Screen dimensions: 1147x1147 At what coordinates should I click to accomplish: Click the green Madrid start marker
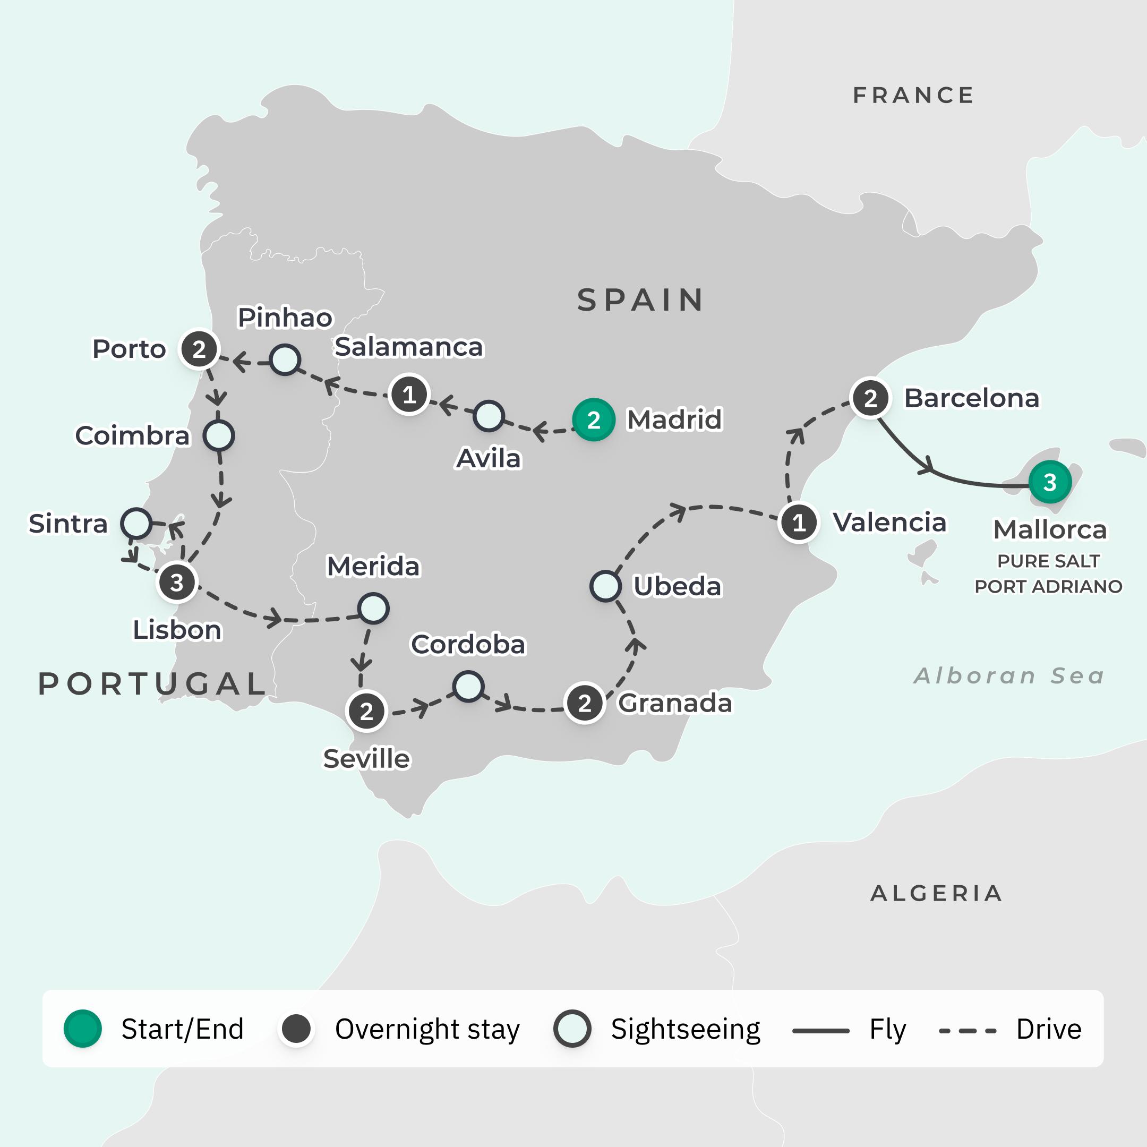pyautogui.click(x=593, y=420)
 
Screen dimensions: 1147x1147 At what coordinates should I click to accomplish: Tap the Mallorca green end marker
pyautogui.click(x=1050, y=482)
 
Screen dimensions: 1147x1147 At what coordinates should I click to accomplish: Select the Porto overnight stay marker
pyautogui.click(x=199, y=349)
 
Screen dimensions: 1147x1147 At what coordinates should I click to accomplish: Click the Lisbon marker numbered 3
pyautogui.click(x=176, y=583)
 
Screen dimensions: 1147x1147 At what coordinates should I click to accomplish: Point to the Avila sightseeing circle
pyautogui.click(x=489, y=416)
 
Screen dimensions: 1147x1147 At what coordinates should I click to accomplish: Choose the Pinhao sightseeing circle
pyautogui.click(x=285, y=360)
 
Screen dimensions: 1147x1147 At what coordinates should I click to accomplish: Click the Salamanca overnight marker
pyautogui.click(x=409, y=395)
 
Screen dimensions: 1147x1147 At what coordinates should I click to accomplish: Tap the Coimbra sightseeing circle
pyautogui.click(x=218, y=436)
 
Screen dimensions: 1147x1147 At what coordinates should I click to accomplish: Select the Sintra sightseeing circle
pyautogui.click(x=136, y=523)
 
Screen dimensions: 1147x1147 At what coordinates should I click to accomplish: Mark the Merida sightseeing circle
pyautogui.click(x=373, y=609)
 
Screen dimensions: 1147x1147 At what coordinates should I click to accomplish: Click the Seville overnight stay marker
pyautogui.click(x=366, y=711)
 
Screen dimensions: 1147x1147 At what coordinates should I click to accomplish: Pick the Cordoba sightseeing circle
pyautogui.click(x=468, y=686)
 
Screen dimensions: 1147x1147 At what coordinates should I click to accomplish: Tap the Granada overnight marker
pyautogui.click(x=585, y=703)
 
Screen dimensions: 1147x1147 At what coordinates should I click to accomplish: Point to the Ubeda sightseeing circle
pyautogui.click(x=605, y=586)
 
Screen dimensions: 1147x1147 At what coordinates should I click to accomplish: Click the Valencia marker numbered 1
pyautogui.click(x=799, y=523)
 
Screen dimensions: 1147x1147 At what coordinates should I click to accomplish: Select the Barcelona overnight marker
pyautogui.click(x=870, y=398)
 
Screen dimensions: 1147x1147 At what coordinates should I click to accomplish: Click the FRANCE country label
pyautogui.click(x=914, y=96)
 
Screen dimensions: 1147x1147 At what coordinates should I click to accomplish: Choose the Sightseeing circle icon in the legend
pyautogui.click(x=572, y=1029)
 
